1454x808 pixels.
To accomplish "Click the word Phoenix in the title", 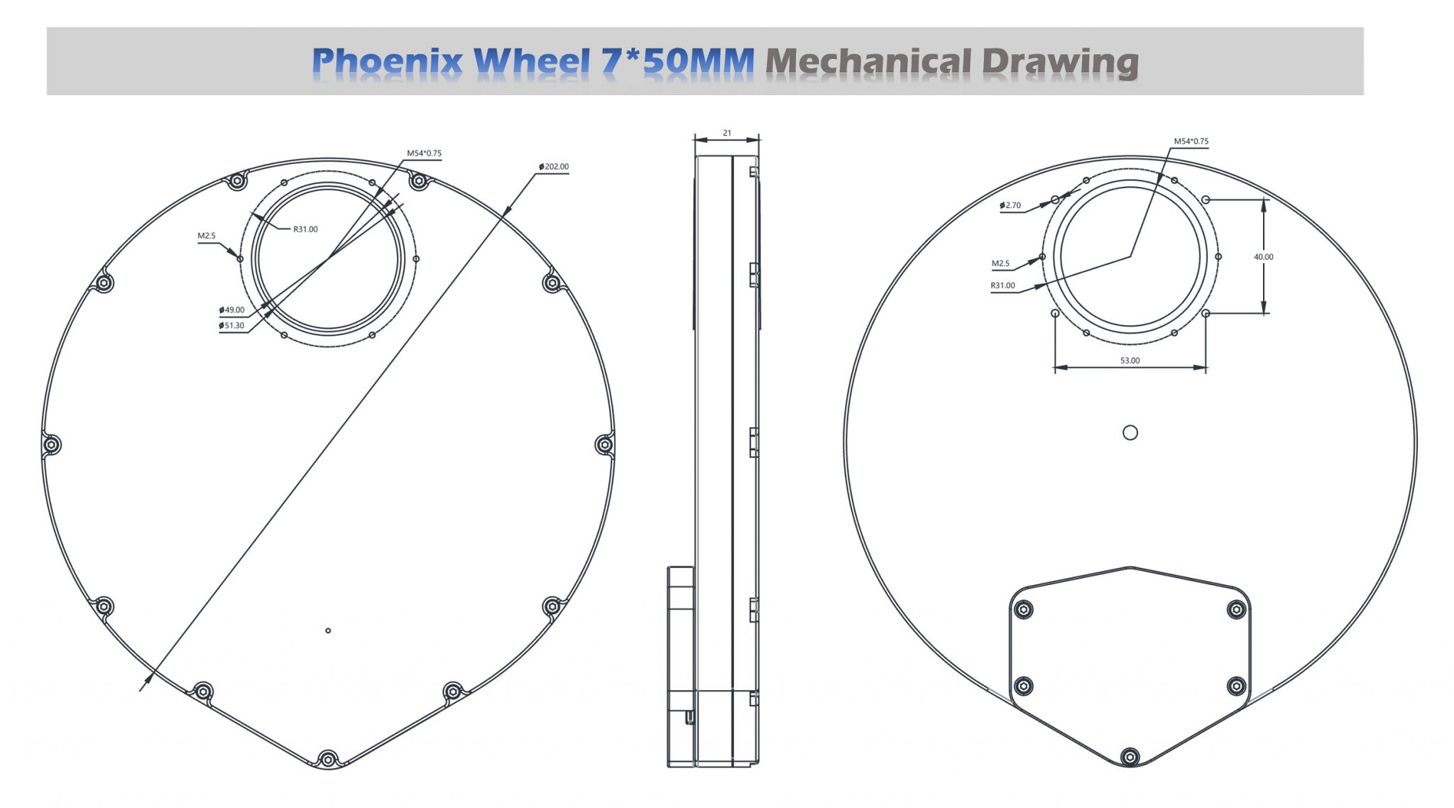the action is point(387,62).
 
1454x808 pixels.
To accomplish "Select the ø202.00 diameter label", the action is point(554,167).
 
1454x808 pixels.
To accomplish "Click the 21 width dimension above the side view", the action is point(727,133).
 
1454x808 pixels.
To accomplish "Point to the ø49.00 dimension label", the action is point(231,310).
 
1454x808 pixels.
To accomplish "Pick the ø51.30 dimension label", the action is point(231,326).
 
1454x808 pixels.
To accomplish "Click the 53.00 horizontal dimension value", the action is point(1130,361).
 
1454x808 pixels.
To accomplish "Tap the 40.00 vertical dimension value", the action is point(1264,257).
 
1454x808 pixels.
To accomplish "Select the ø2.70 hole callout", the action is point(1010,205).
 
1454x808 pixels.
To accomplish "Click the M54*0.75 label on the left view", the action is point(424,153).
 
